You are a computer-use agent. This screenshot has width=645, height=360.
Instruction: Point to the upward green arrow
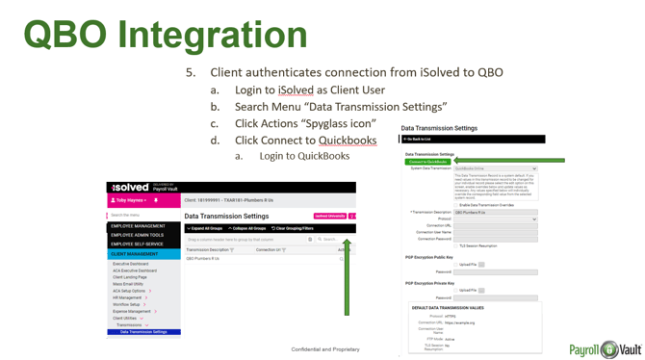point(345,279)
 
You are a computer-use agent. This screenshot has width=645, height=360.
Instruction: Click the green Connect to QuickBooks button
point(428,162)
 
